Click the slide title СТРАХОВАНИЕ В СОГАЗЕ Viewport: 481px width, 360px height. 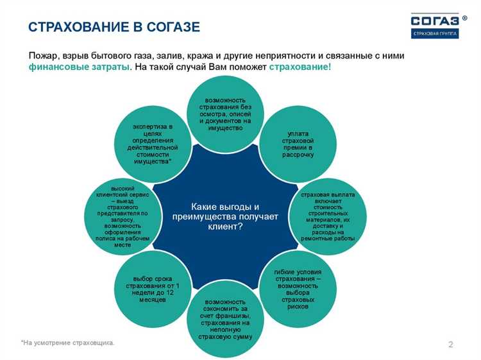pyautogui.click(x=114, y=27)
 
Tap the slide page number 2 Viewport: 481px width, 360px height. pyautogui.click(x=450, y=345)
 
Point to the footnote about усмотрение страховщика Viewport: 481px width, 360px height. pyautogui.click(x=68, y=343)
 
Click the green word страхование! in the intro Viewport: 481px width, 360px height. pyautogui.click(x=300, y=67)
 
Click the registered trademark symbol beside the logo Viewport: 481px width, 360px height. pyautogui.click(x=464, y=18)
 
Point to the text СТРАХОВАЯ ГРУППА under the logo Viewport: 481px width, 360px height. pyautogui.click(x=434, y=33)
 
